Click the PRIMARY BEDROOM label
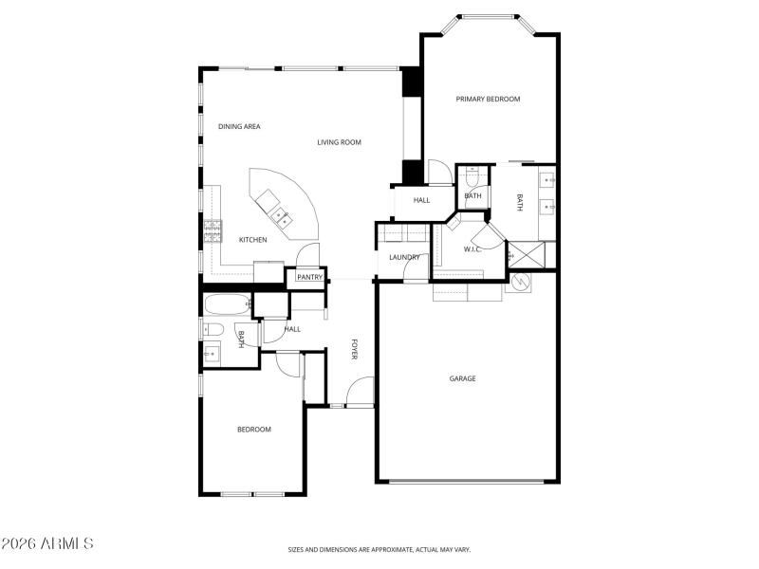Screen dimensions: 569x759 [488, 99]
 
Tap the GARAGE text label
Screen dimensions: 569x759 [462, 378]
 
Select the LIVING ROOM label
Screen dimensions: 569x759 [339, 142]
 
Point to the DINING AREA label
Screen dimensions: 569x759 [239, 126]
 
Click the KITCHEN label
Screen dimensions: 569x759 [252, 240]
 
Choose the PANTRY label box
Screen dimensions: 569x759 [309, 277]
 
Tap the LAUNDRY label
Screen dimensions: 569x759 [404, 257]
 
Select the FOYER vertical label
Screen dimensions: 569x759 [355, 349]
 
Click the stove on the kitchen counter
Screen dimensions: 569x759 [213, 228]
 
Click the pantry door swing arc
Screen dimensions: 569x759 [307, 254]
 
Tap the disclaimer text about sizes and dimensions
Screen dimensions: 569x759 [379, 549]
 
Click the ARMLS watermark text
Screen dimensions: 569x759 [47, 543]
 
